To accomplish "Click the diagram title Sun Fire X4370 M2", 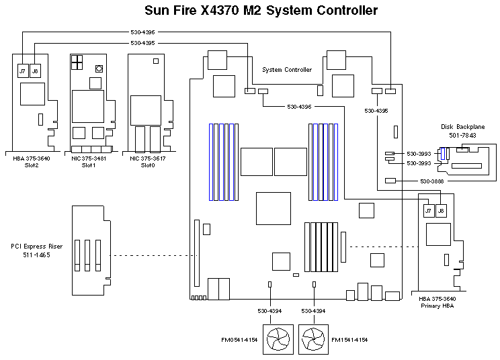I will point(261,11).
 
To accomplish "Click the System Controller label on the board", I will point(287,70).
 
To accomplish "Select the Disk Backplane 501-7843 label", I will point(458,131).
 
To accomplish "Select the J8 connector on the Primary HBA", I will point(441,212).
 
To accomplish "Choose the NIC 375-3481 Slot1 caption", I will point(89,162).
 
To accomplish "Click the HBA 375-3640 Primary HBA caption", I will point(440,302).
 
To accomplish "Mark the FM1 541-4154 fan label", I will point(349,341).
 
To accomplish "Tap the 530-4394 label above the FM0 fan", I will point(269,311).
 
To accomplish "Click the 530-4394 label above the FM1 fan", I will point(315,311).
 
